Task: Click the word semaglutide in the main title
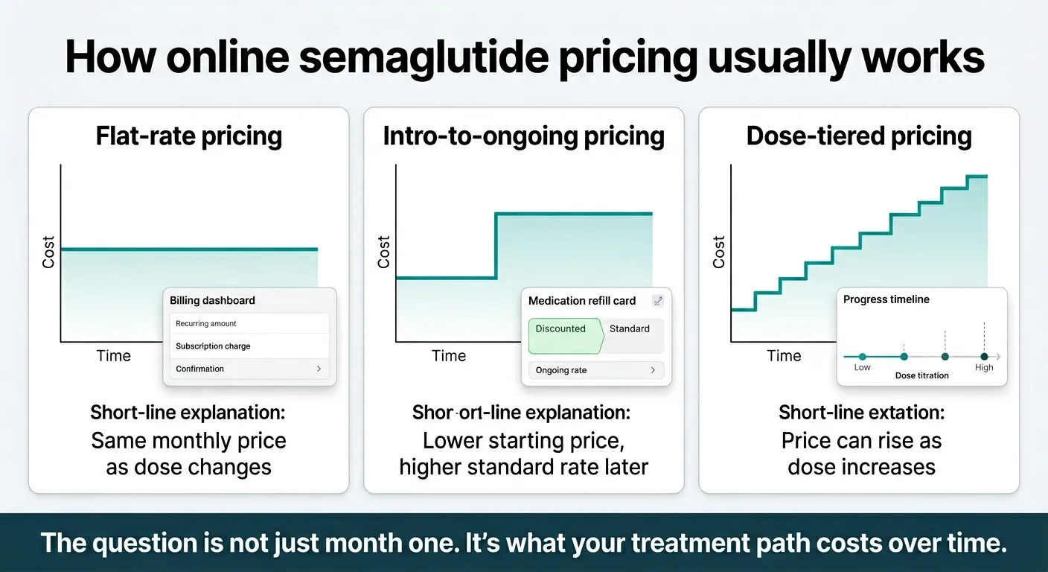[x=424, y=57]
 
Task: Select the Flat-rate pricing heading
[x=189, y=136]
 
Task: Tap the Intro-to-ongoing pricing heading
[x=523, y=136]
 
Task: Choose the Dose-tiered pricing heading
[x=859, y=136]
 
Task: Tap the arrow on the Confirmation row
[x=319, y=369]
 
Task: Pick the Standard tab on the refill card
[x=630, y=329]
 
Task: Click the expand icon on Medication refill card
[x=657, y=301]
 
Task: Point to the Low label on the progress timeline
[x=862, y=368]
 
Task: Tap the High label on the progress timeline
[x=984, y=368]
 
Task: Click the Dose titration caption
[x=921, y=376]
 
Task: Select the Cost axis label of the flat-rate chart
[x=48, y=252]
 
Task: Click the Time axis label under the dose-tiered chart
[x=784, y=356]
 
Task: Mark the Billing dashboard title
[x=212, y=301]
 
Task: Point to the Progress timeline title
[x=886, y=299]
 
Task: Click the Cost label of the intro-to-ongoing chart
[x=383, y=252]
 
